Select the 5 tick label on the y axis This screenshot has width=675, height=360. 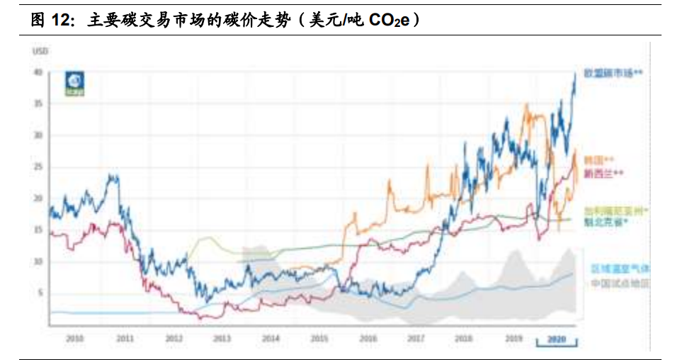(x=40, y=293)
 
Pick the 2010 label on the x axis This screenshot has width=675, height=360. (x=74, y=339)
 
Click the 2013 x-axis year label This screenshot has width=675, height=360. (x=221, y=339)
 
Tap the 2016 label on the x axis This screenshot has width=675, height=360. (x=368, y=339)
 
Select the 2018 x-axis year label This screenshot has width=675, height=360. (x=465, y=339)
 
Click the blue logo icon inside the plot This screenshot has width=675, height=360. (x=74, y=84)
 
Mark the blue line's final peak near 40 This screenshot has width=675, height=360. (x=574, y=74)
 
